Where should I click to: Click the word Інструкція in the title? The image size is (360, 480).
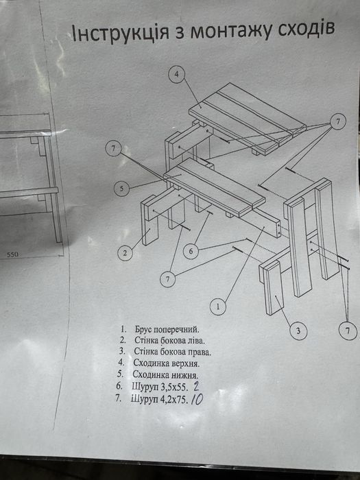coord(120,33)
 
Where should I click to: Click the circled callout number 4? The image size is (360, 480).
coord(177,74)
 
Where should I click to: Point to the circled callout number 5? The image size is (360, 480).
coord(122,189)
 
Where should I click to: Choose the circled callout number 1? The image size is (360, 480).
coord(218,307)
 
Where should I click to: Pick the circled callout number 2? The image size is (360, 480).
coord(125,253)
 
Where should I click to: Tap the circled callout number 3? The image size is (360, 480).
coord(298,331)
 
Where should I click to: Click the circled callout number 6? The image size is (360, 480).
coord(191,252)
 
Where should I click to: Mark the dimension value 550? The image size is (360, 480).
coord(12,254)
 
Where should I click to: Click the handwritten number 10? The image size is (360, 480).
coord(197,399)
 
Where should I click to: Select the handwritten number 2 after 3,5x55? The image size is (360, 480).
coord(195,387)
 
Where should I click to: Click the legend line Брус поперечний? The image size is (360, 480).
coord(167,330)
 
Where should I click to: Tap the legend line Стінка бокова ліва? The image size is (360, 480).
coord(169,340)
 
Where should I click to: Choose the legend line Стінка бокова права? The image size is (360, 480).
coord(173,352)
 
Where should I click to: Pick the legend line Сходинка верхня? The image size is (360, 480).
coord(167,363)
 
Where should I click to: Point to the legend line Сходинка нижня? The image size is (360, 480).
coord(165,374)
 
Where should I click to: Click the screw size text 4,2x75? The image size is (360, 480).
coord(173,399)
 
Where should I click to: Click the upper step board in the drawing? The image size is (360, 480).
coord(247,118)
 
